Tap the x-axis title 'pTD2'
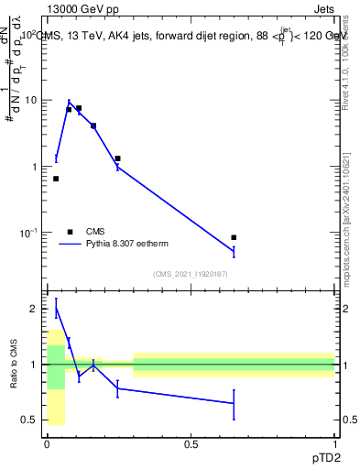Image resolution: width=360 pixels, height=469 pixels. (x=322, y=455)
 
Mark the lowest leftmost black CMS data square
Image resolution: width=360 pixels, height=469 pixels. (x=56, y=179)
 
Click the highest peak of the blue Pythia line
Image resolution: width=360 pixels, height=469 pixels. (x=69, y=102)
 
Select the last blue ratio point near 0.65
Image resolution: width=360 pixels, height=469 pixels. (x=234, y=403)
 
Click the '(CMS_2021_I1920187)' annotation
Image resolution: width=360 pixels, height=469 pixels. (x=191, y=274)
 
